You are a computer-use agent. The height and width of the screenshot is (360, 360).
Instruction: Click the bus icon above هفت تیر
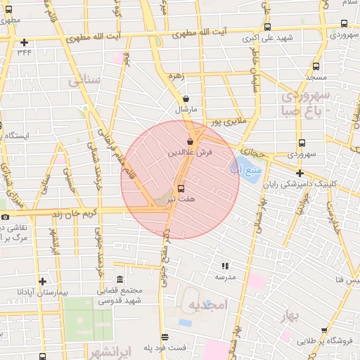coord(181,188)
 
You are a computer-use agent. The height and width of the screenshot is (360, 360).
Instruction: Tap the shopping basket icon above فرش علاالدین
coord(190,142)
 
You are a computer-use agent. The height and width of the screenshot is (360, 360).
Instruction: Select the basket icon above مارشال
coord(186,99)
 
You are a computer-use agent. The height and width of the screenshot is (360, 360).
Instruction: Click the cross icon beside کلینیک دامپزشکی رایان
coord(300,173)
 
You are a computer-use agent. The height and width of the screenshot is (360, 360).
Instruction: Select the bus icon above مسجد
coord(315,67)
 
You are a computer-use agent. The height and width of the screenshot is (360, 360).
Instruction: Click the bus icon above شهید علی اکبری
coord(266,26)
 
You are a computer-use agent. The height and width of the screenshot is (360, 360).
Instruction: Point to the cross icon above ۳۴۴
coord(25,42)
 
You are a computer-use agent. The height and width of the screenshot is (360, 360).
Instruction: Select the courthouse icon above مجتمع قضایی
coord(120,280)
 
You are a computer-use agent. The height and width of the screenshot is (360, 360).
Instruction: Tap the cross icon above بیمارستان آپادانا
coord(43,281)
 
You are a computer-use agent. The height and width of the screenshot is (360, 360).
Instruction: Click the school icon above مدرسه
coord(225,266)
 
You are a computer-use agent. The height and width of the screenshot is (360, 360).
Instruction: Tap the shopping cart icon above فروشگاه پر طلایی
coord(324,330)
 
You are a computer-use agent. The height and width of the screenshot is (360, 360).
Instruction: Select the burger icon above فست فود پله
coord(165,337)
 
